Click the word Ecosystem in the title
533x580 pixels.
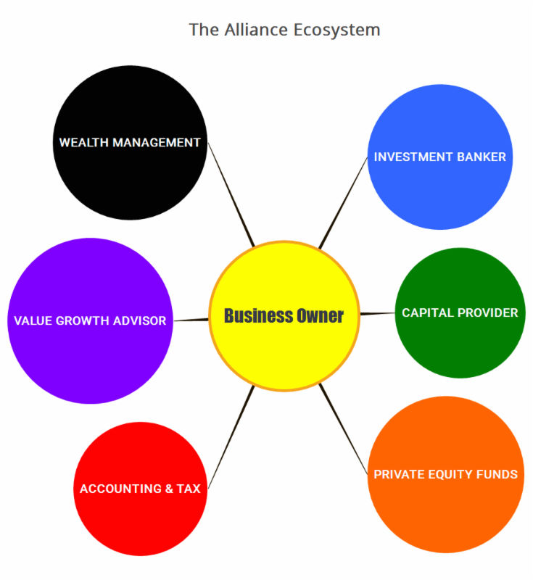click(337, 30)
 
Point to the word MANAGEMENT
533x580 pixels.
click(156, 142)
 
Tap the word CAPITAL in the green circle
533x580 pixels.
click(427, 312)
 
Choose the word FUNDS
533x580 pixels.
click(497, 474)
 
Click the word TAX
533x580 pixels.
click(188, 489)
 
